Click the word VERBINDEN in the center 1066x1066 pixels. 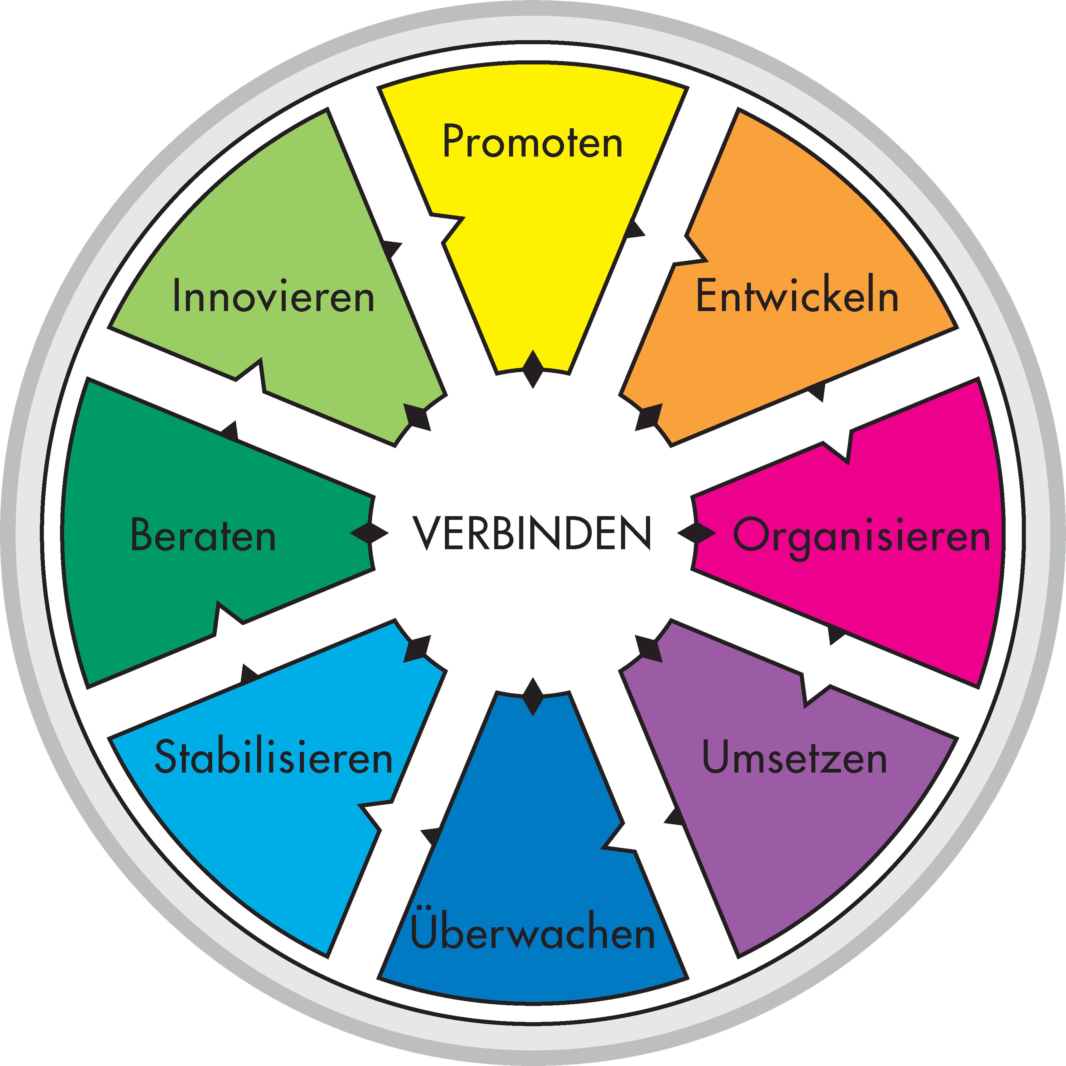[x=532, y=533]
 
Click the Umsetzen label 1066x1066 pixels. [x=795, y=758]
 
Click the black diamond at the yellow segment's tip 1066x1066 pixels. [x=533, y=368]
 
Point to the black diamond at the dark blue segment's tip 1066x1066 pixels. [x=533, y=697]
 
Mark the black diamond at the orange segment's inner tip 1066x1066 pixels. [x=650, y=416]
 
